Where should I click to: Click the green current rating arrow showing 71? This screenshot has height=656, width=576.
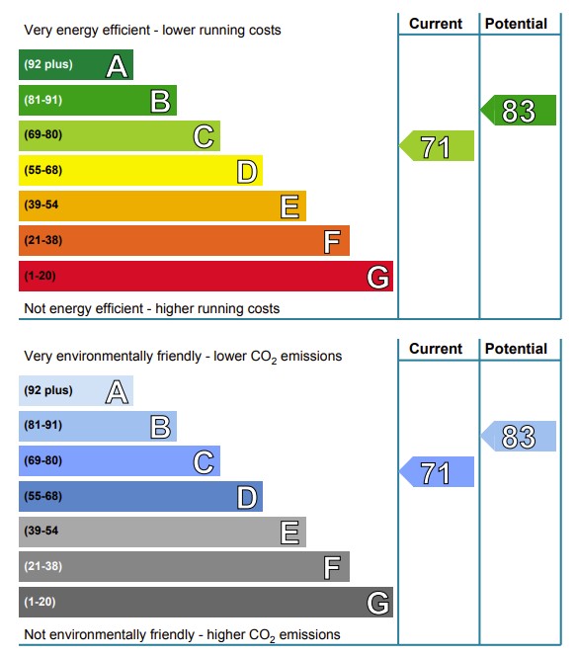click(x=437, y=145)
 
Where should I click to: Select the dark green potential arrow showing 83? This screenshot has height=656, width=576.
click(x=519, y=110)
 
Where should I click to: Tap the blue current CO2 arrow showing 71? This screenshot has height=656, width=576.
click(x=437, y=471)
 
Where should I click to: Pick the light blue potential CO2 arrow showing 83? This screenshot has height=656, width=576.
click(x=519, y=436)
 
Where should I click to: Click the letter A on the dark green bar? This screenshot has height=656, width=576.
click(x=117, y=66)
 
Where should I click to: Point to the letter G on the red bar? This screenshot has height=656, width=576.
click(x=377, y=278)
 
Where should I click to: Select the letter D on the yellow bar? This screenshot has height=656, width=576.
click(x=247, y=172)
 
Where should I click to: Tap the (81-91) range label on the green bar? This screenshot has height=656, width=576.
click(x=43, y=100)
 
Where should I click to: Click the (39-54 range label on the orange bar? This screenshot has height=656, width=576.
click(x=41, y=205)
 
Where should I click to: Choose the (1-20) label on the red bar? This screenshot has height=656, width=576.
click(x=40, y=276)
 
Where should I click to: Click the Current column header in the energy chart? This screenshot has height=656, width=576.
click(x=436, y=24)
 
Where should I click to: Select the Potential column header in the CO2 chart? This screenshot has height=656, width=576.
click(x=516, y=349)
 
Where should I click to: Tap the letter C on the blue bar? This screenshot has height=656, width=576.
click(x=204, y=462)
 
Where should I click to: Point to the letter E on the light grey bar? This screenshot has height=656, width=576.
click(x=289, y=533)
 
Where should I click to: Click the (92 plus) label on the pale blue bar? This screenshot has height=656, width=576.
click(x=48, y=390)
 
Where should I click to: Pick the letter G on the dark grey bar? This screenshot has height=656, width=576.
click(x=377, y=604)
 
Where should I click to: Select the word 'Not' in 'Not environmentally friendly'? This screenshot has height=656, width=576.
click(x=35, y=634)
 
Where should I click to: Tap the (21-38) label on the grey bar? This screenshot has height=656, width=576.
click(x=43, y=566)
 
